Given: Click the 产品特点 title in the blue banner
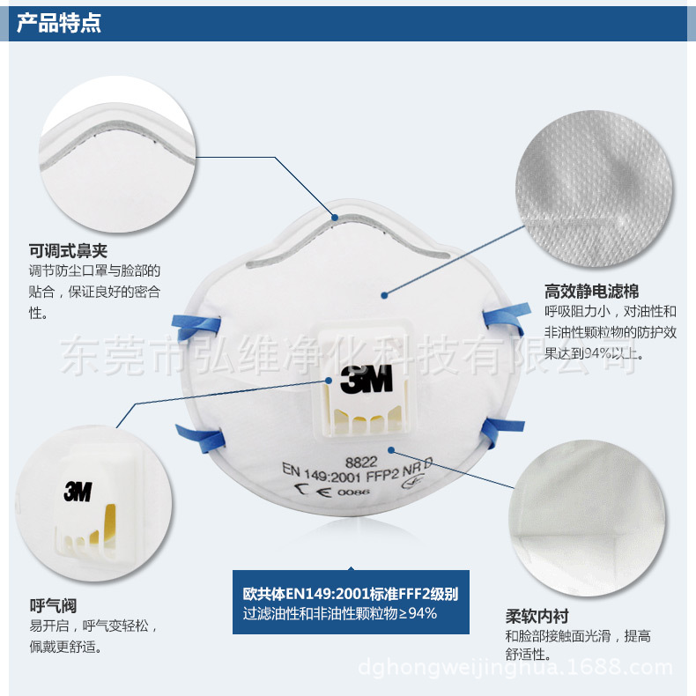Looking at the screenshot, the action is point(59,23).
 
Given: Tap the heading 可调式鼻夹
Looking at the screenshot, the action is point(68,251).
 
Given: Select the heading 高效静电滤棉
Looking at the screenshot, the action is point(592,292).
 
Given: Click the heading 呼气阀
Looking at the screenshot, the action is point(53,605).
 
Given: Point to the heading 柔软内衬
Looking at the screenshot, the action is point(537,616).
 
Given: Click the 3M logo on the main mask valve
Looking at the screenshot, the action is point(367,379).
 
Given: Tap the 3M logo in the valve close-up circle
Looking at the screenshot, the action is point(78,492).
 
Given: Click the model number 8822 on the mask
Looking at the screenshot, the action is point(361,463).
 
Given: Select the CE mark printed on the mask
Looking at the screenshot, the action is point(313,491).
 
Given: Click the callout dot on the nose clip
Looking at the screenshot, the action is point(335,218).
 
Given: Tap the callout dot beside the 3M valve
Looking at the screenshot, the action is point(329,381).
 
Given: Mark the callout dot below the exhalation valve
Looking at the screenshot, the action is point(391,450).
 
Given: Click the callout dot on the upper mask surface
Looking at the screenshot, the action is point(384,295).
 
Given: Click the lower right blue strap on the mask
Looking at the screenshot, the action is point(501,432).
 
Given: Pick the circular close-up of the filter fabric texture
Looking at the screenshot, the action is point(594,189).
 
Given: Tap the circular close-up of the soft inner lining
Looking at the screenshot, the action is point(587,518).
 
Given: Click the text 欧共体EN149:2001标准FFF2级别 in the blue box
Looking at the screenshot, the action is point(351,594).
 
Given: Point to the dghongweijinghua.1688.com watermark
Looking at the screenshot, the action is point(515,667).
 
